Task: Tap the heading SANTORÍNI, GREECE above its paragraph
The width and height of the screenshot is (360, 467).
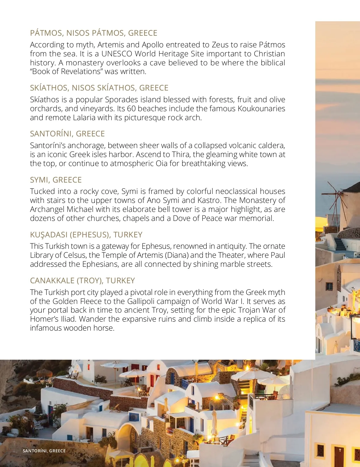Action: point(67,134)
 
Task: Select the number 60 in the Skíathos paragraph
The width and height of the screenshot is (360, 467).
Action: point(131,109)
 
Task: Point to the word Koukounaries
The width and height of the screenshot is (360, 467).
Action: point(261,109)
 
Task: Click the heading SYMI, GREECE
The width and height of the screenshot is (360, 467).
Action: point(56,180)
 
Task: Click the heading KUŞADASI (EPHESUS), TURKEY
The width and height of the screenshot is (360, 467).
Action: point(86,235)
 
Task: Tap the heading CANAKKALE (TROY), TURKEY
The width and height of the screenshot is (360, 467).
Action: point(82,281)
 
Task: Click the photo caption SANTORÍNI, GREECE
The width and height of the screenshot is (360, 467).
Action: point(44,451)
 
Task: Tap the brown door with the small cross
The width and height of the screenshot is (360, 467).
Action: point(339,456)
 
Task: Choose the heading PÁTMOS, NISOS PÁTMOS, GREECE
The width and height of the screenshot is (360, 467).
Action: point(94,33)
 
